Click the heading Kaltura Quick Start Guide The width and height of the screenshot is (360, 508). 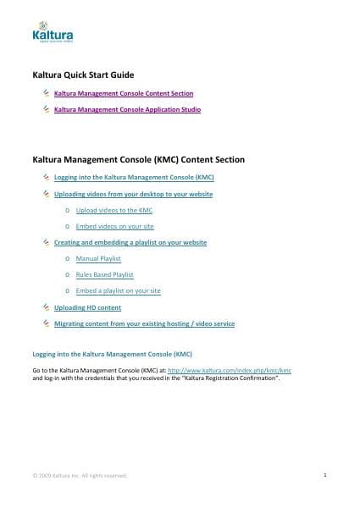pyautogui.click(x=84, y=75)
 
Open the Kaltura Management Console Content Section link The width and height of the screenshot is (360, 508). pyautogui.click(x=124, y=93)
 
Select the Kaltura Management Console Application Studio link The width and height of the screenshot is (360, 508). pyautogui.click(x=127, y=110)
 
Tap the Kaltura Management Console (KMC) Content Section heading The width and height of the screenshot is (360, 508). pyautogui.click(x=138, y=158)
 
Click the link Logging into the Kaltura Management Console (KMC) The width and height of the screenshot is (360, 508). pyautogui.click(x=134, y=178)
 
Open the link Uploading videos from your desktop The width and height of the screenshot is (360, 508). pyautogui.click(x=133, y=194)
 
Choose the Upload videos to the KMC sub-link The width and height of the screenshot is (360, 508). pyautogui.click(x=114, y=210)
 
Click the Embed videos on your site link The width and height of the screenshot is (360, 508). pyautogui.click(x=115, y=226)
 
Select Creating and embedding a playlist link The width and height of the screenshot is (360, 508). pyautogui.click(x=130, y=242)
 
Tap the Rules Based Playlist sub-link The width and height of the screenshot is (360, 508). pyautogui.click(x=105, y=274)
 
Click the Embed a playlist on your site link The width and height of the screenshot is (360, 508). pyautogui.click(x=119, y=290)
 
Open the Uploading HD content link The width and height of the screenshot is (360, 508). pyautogui.click(x=87, y=307)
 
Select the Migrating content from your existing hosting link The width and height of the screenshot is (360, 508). pyautogui.click(x=144, y=323)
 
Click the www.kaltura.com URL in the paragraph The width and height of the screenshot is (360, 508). pyautogui.click(x=230, y=370)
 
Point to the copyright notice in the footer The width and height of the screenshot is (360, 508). pyautogui.click(x=80, y=476)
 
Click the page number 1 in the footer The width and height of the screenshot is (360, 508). pyautogui.click(x=325, y=475)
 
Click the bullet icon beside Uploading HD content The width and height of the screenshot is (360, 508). pyautogui.click(x=46, y=306)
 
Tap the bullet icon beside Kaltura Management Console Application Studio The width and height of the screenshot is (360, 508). pyautogui.click(x=46, y=109)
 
